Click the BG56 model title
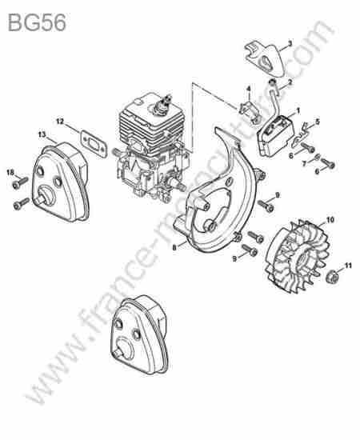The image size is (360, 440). tap(38, 22)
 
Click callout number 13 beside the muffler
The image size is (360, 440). tap(42, 134)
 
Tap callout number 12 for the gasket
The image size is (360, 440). tap(60, 122)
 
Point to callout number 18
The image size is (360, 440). tap(10, 172)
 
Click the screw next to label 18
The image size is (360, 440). tap(21, 182)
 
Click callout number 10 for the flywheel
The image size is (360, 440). tap(330, 220)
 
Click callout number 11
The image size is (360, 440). tap(348, 265)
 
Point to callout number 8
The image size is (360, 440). tap(174, 248)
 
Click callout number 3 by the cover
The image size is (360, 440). tap(290, 43)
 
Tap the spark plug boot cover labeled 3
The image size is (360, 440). tap(265, 58)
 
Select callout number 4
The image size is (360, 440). tap(248, 89)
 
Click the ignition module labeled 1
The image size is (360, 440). tap(275, 135)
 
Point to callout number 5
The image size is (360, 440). tap(318, 122)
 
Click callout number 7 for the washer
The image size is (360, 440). tap(305, 163)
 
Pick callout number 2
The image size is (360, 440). tap(290, 82)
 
